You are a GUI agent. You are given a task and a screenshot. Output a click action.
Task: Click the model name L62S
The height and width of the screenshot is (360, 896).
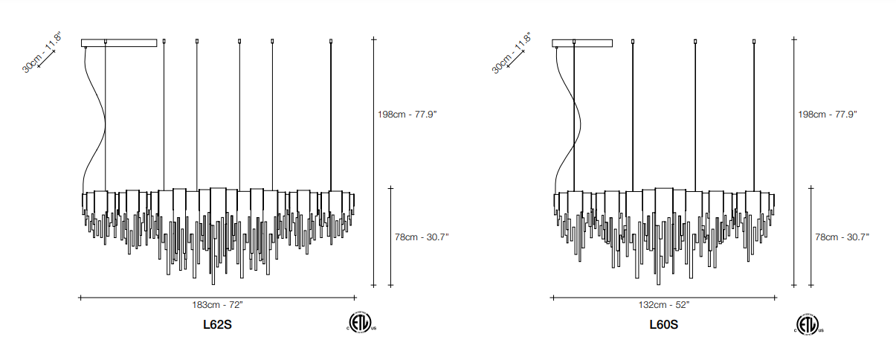tap(217, 324)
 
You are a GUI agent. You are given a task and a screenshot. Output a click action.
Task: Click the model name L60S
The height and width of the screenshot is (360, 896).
tap(663, 324)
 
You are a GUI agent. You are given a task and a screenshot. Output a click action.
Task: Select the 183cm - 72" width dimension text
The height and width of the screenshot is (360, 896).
tap(217, 305)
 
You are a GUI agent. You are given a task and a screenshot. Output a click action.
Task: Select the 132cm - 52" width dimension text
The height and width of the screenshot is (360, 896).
tap(664, 305)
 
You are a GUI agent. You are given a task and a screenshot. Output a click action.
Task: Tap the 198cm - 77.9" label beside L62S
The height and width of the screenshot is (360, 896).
tap(407, 115)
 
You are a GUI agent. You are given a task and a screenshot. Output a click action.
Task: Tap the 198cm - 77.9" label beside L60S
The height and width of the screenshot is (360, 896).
tap(828, 115)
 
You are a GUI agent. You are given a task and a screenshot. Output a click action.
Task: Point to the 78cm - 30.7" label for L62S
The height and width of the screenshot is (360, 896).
tap(422, 237)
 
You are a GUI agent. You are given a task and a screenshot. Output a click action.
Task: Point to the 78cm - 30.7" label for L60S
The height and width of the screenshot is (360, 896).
tap(842, 237)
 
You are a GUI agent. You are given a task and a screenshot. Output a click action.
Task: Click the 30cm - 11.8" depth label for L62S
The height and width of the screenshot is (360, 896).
tap(42, 52)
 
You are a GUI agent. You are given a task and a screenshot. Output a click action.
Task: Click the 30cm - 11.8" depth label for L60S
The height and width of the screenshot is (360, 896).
tap(512, 54)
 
